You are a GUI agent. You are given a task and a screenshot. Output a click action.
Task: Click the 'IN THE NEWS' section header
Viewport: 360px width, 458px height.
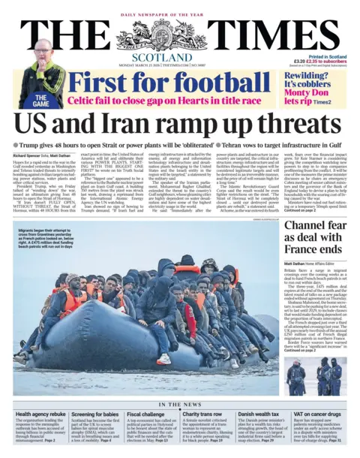180,405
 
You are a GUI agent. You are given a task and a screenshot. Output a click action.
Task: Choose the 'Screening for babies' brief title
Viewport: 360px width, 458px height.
95,414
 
